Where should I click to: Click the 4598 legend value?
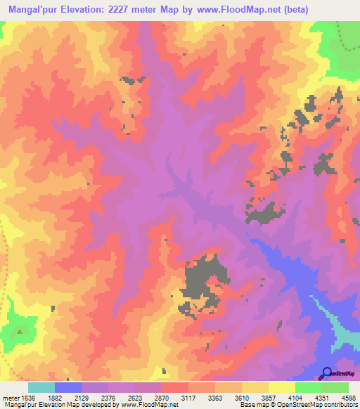(x=348, y=397)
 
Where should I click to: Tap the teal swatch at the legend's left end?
(x=41, y=387)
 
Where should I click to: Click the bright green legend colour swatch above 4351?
(x=308, y=387)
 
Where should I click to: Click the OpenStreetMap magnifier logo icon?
(x=327, y=372)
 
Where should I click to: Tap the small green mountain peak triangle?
(x=20, y=331)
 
